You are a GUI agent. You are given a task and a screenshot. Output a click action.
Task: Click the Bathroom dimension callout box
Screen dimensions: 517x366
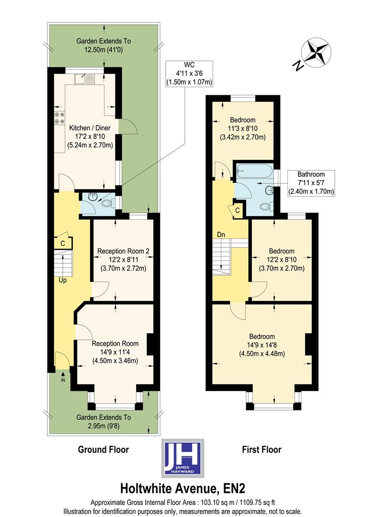(310, 183)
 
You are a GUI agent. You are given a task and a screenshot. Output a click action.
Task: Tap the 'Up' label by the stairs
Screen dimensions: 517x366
(62, 280)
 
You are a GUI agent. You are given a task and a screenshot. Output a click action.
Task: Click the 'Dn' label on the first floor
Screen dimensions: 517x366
(221, 235)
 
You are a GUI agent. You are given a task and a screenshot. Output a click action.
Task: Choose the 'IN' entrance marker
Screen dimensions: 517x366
(63, 380)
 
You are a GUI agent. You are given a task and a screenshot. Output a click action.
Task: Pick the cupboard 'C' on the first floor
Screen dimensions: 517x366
(238, 210)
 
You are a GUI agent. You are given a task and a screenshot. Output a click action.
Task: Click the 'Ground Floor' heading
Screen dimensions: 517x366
(103, 450)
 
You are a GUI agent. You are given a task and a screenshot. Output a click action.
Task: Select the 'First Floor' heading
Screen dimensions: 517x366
(261, 450)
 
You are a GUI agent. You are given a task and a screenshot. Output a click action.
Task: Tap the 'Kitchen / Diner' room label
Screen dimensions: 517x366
(90, 128)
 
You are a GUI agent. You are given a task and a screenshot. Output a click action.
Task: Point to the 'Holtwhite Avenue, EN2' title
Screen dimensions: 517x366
(183, 489)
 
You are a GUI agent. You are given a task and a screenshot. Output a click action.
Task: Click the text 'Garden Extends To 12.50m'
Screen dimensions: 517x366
(103, 45)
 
